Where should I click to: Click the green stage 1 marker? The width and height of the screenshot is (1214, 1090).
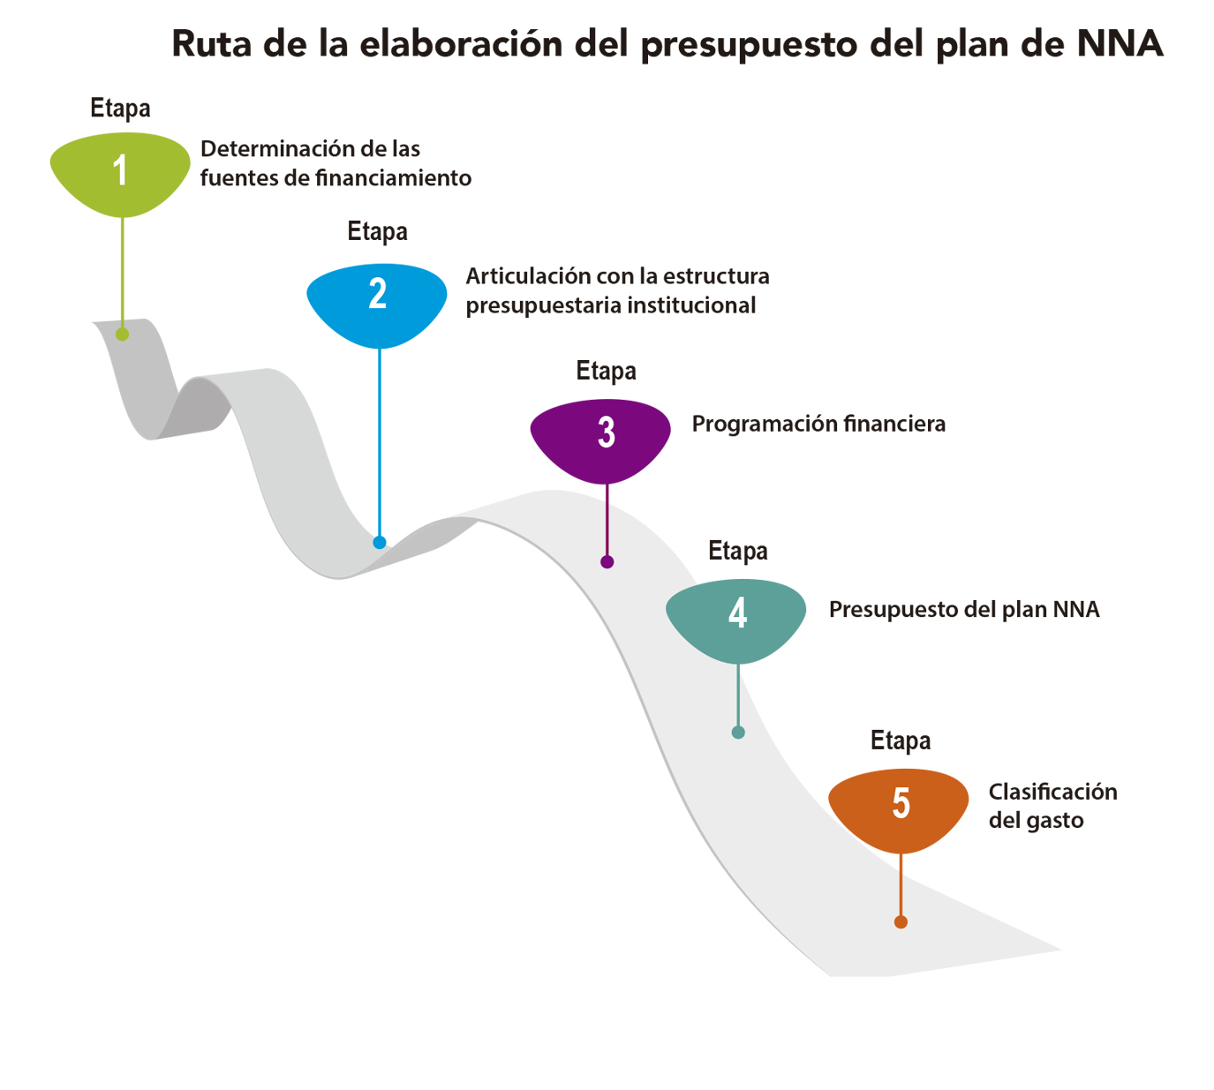(120, 171)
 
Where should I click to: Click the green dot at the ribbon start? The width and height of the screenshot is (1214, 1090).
(122, 335)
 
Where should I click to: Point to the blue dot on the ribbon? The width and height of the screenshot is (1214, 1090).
(380, 542)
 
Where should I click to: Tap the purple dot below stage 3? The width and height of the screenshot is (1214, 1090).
(607, 561)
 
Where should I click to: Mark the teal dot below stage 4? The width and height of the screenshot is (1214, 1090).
(738, 732)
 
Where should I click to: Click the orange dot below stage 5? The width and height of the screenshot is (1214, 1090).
(901, 922)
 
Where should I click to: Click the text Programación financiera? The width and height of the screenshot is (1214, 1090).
(818, 424)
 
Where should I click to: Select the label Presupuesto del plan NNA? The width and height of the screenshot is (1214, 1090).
(964, 610)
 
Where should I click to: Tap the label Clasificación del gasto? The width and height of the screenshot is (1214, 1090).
(1052, 805)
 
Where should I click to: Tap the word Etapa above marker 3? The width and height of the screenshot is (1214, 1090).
(606, 371)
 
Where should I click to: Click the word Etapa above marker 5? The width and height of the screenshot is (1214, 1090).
(901, 740)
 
